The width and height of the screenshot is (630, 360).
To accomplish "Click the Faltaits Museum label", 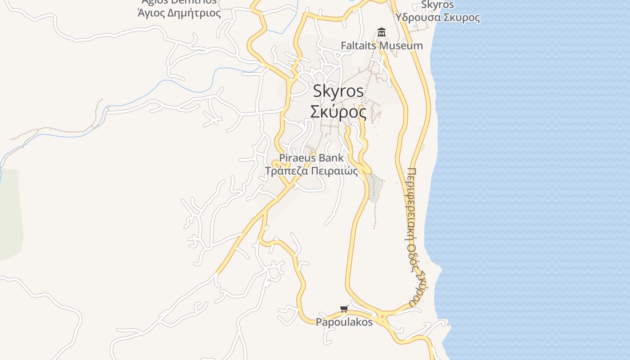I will point(382,45).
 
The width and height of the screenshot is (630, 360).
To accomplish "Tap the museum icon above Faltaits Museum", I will point(382,32).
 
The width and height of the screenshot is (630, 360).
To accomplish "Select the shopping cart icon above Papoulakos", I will point(344,309).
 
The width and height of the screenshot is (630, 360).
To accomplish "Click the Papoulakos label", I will point(344,322).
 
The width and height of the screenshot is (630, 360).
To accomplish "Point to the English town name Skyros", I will point(338,91).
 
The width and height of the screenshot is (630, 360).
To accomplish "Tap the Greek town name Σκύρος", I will point(338,112).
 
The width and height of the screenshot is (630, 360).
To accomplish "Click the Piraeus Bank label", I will point(311,158).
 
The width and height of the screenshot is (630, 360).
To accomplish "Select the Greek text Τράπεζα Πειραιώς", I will point(311,171).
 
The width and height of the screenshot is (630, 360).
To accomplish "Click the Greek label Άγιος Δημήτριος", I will point(179,13).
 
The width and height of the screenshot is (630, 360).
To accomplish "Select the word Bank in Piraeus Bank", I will point(331,158).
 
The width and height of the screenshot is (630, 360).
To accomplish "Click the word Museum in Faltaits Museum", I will point(401,45).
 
